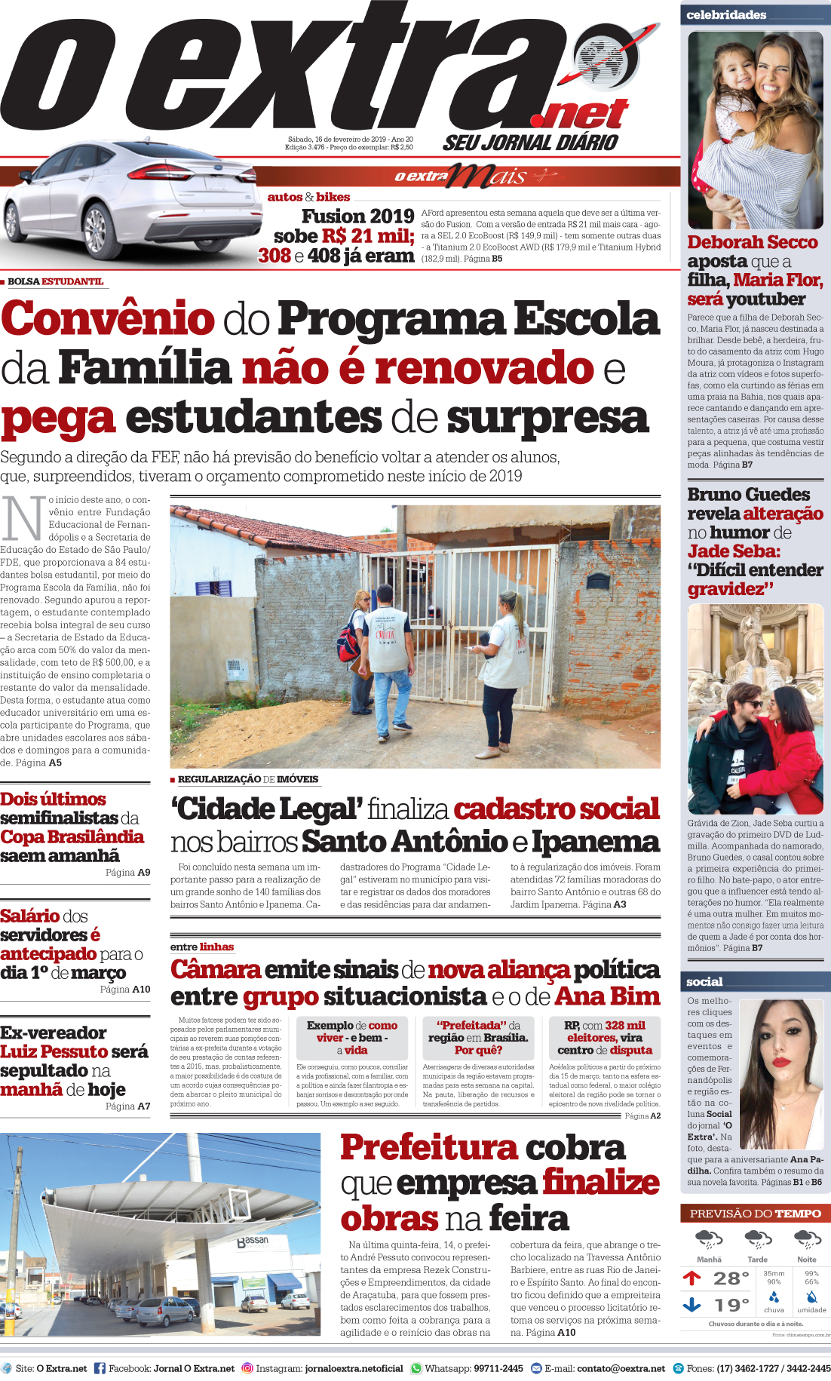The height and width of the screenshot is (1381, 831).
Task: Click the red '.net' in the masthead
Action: tap(579, 115)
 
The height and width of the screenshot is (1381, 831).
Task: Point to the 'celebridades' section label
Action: tap(725, 15)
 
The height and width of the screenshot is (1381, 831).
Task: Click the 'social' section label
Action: tap(704, 981)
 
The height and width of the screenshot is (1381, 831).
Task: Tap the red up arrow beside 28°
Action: tap(691, 1278)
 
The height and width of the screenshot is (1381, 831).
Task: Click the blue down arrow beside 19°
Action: tap(691, 1304)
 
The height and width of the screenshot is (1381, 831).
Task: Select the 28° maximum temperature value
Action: tap(730, 1278)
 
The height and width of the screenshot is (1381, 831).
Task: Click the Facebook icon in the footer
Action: tap(100, 1367)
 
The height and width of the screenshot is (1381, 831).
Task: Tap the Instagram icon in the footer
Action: tap(247, 1367)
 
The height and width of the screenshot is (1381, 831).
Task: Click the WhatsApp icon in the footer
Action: tap(416, 1367)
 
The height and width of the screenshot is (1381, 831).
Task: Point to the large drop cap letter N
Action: tap(23, 519)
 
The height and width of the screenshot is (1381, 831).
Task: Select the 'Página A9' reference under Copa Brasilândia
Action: tap(127, 872)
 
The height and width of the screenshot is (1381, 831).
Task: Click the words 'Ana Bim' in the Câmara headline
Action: tap(607, 996)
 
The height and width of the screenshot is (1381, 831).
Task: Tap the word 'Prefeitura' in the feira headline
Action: tap(428, 1148)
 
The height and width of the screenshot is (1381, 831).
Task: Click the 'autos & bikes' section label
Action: tap(308, 197)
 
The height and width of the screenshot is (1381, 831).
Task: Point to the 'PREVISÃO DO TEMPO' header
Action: tap(755, 1214)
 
